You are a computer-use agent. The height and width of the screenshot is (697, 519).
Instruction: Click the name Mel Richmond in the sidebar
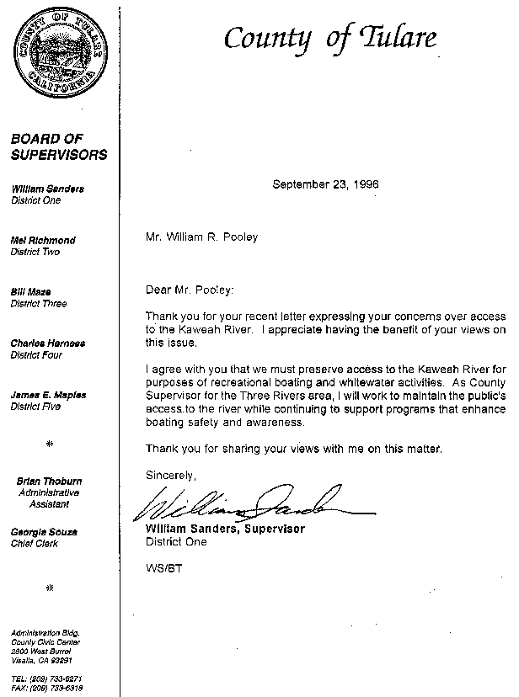pos(42,241)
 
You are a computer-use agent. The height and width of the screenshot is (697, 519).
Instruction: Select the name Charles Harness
pos(47,343)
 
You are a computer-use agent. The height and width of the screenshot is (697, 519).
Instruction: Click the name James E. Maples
pos(48,395)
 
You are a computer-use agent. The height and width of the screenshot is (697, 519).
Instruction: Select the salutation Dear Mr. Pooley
pos(190,290)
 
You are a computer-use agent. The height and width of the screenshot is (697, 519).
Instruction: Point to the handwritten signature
pos(244,505)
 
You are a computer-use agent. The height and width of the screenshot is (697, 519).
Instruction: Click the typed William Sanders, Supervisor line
pos(225,529)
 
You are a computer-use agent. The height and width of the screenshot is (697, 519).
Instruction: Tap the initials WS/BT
pos(163,568)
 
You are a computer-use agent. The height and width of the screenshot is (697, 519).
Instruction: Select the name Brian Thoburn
pos(48,481)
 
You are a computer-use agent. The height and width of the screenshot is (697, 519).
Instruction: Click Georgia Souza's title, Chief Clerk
pos(34,543)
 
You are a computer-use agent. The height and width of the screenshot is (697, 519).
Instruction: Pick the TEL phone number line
pos(46,678)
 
